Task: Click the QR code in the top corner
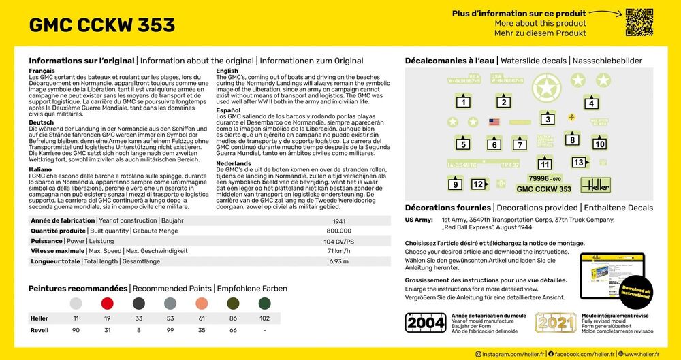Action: click(x=639, y=21)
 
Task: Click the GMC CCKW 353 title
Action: click(x=102, y=25)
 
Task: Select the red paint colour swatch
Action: click(x=107, y=304)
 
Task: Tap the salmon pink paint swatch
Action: click(x=202, y=304)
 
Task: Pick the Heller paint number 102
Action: click(x=265, y=318)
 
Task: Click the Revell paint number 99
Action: click(x=170, y=330)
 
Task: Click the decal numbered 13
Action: click(x=579, y=162)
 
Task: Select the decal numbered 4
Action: click(x=591, y=103)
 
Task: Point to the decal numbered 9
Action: click(x=455, y=184)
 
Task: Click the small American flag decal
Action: click(x=494, y=122)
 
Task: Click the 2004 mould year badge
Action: click(x=426, y=322)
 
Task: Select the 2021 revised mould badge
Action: click(x=555, y=322)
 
